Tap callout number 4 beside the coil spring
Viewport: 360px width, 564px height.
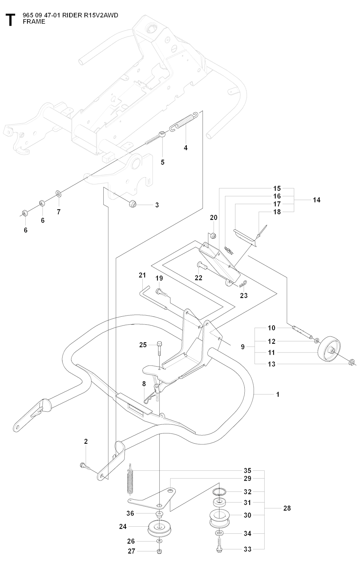click(x=186, y=148)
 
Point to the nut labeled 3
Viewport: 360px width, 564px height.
click(x=133, y=203)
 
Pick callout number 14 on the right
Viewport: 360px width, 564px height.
click(x=316, y=200)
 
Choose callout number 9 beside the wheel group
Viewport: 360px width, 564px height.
click(x=243, y=347)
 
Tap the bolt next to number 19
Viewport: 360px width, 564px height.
click(x=160, y=291)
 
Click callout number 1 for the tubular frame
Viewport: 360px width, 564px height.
click(x=278, y=394)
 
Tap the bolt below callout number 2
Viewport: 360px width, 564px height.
click(x=83, y=465)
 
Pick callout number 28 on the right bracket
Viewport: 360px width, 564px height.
click(x=287, y=508)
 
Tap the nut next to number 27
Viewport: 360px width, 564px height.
click(x=159, y=551)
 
